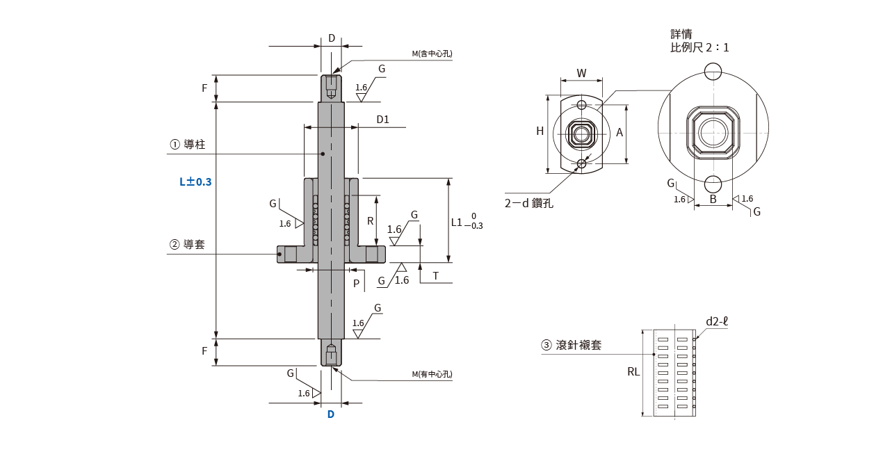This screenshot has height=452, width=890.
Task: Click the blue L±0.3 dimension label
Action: (195, 181)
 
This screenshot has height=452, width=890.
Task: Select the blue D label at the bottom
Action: (331, 414)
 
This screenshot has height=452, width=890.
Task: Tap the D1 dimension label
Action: (382, 120)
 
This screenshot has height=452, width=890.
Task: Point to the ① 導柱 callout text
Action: (193, 145)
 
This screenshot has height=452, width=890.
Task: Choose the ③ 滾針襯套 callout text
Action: (572, 345)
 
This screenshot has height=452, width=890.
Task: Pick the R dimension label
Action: (371, 221)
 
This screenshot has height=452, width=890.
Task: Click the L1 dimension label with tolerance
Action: (467, 222)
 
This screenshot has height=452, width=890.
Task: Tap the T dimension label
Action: (435, 276)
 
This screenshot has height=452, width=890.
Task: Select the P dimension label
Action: (356, 283)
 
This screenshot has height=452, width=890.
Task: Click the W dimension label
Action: (582, 72)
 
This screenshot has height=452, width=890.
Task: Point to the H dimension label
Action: (540, 131)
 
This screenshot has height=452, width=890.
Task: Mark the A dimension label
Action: (620, 131)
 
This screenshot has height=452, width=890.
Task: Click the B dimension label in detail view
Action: (713, 200)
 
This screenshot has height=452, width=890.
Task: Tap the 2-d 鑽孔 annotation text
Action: (528, 204)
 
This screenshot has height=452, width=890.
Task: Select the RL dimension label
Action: (633, 372)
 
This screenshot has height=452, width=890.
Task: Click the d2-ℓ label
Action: (716, 321)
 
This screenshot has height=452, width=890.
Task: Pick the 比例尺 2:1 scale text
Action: (699, 48)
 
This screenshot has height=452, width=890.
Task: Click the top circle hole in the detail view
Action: (713, 71)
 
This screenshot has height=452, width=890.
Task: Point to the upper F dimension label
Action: (204, 88)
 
